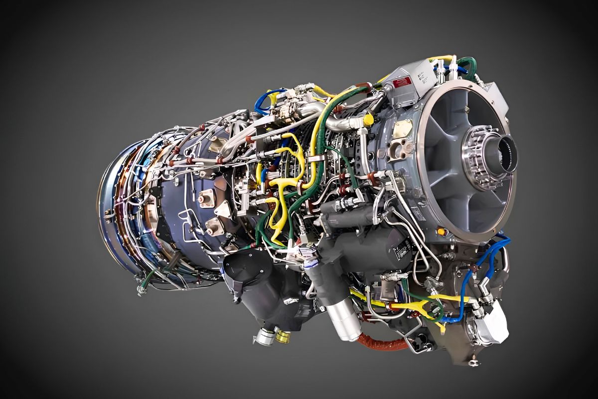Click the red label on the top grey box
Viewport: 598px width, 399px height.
click(x=402, y=81)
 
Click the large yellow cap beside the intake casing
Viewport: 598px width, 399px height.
click(x=368, y=120)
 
